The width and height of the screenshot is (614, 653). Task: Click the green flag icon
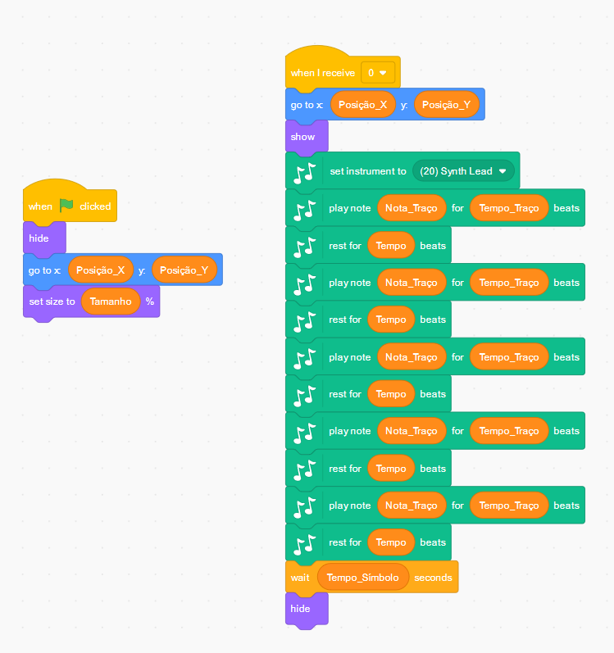point(66,206)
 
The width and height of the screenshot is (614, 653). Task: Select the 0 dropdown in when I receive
point(379,73)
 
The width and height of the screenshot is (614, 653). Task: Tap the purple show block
point(302,137)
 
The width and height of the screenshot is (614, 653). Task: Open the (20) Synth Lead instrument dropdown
point(464,171)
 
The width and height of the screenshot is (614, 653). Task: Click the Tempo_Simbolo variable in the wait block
point(362,578)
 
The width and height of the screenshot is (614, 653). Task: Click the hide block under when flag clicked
point(39,238)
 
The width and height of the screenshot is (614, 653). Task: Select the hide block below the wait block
point(301,609)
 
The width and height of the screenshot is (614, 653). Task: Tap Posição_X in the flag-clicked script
point(100,270)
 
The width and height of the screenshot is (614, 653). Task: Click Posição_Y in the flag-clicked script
point(184,270)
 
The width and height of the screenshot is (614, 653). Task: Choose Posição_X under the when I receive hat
point(362,105)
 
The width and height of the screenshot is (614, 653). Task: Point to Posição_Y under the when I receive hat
point(446,105)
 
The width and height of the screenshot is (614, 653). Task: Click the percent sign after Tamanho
point(150,302)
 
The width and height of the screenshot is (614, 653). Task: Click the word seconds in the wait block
point(433,578)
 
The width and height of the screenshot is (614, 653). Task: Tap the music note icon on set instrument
point(305,172)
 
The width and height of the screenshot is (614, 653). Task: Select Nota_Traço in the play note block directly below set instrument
point(412,208)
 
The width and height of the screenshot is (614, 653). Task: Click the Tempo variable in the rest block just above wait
point(391,542)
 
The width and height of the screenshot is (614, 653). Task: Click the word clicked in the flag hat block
point(95,206)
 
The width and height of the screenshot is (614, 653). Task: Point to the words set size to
point(52,302)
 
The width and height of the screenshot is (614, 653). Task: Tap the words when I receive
point(322,73)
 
